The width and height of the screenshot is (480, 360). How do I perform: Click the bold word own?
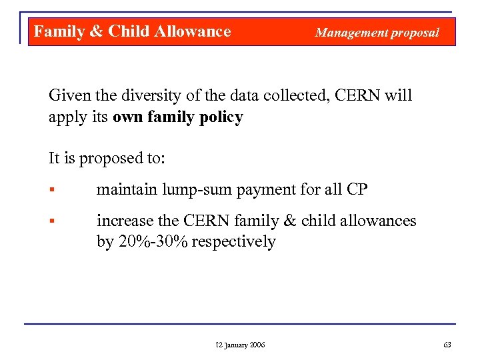point(128,118)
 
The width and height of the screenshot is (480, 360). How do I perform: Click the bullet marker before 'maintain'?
point(51,190)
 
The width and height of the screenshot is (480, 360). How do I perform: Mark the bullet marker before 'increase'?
point(51,221)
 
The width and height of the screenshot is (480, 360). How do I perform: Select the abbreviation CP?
point(357,189)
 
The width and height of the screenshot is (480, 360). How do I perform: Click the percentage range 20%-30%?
point(153,241)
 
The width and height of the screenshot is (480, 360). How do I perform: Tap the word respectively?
point(233,242)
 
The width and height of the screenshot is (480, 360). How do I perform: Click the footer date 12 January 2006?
point(240,345)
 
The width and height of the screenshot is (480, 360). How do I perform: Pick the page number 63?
point(447,345)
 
